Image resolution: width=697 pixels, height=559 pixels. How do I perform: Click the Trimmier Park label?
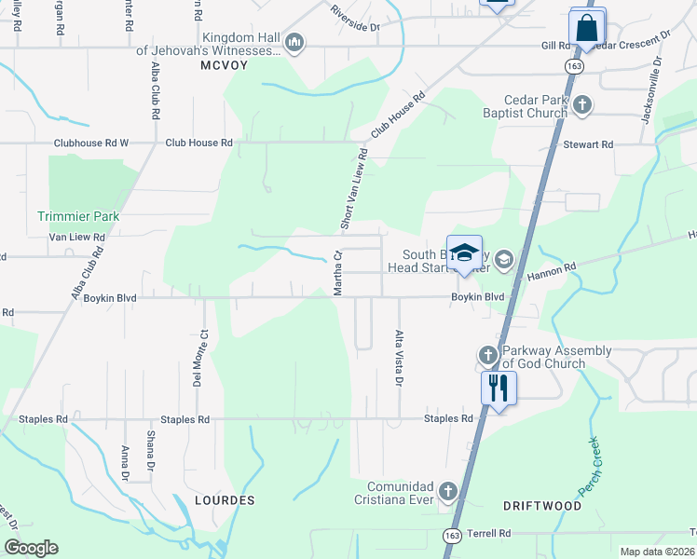(78, 216)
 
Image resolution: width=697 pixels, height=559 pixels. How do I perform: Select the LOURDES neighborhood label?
(225, 500)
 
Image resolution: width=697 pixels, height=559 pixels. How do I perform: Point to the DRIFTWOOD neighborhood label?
(542, 506)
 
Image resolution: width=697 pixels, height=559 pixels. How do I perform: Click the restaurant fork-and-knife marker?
(498, 387)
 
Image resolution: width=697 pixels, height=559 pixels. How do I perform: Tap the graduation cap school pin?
(464, 253)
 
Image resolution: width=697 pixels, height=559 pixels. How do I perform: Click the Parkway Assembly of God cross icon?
(487, 355)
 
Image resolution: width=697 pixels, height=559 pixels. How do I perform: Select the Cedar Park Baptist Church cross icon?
(581, 104)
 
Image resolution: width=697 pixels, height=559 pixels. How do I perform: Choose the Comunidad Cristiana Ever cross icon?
(448, 491)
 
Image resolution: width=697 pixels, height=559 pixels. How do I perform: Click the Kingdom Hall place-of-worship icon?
(294, 42)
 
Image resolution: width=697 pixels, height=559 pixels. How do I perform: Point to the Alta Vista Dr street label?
(399, 358)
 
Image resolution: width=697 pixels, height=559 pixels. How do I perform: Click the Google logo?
(31, 548)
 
